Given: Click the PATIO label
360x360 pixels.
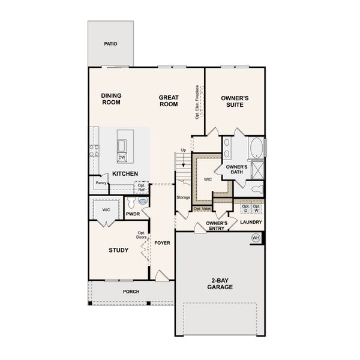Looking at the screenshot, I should [x=110, y=44].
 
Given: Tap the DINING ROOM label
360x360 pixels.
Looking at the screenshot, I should [x=110, y=99].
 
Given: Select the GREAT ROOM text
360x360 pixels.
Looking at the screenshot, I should [x=169, y=100].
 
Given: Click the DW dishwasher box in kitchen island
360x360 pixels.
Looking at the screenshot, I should [x=122, y=157].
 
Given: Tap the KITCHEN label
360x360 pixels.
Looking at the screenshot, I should [x=125, y=174].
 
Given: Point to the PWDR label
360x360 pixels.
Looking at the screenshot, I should [x=133, y=214].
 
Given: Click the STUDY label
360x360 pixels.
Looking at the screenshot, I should [x=118, y=250].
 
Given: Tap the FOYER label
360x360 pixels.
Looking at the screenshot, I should [x=162, y=243].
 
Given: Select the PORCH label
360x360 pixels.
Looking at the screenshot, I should [x=131, y=292].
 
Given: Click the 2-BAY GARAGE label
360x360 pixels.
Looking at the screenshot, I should [x=221, y=283].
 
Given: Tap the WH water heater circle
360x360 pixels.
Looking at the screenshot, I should [x=255, y=238].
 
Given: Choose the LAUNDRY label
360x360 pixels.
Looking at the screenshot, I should [x=250, y=222].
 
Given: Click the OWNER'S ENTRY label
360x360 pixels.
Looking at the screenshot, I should [x=215, y=225].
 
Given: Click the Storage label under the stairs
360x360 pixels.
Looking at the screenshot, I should [x=183, y=197].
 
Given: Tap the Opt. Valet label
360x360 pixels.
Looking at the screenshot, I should [x=202, y=208].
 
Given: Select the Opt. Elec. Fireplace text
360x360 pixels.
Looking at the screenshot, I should [x=197, y=101].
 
